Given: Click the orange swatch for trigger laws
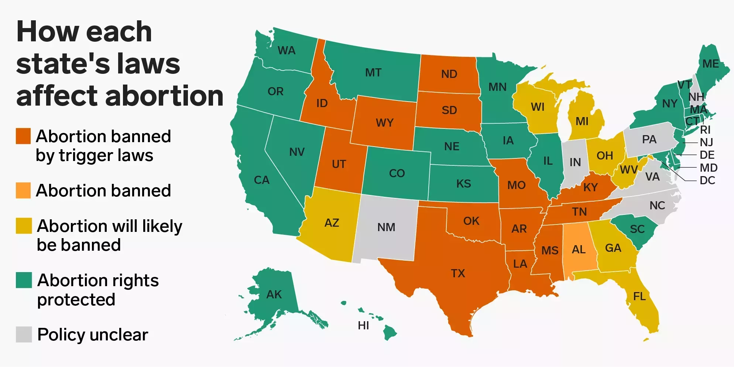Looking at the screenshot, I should pos(23,136).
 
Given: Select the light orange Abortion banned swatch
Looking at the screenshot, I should pos(23,191).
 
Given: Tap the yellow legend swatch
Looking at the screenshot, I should pos(24,226).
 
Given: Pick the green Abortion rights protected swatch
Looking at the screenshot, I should pos(24,280).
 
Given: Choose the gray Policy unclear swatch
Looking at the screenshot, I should pos(24,334).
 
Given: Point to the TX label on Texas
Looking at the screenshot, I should pos(458,273).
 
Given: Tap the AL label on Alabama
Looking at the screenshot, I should pos(579,250).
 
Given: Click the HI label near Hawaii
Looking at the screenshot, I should pos(363,325).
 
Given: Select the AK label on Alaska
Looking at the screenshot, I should pos(274,294).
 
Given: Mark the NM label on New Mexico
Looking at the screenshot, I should pos(386,227).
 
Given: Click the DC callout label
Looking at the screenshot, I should pos(707,180).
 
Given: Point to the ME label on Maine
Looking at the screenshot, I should pos(711,64).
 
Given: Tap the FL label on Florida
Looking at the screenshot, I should pos(639,296).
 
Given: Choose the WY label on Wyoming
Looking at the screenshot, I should pos(385,123).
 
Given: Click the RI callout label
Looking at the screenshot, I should pos(705,130).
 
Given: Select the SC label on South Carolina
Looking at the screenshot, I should pos(637,229).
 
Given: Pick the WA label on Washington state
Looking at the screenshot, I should pos(287,50).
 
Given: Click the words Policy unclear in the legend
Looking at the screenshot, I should pos(93,335).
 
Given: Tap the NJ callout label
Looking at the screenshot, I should pos(706,142).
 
